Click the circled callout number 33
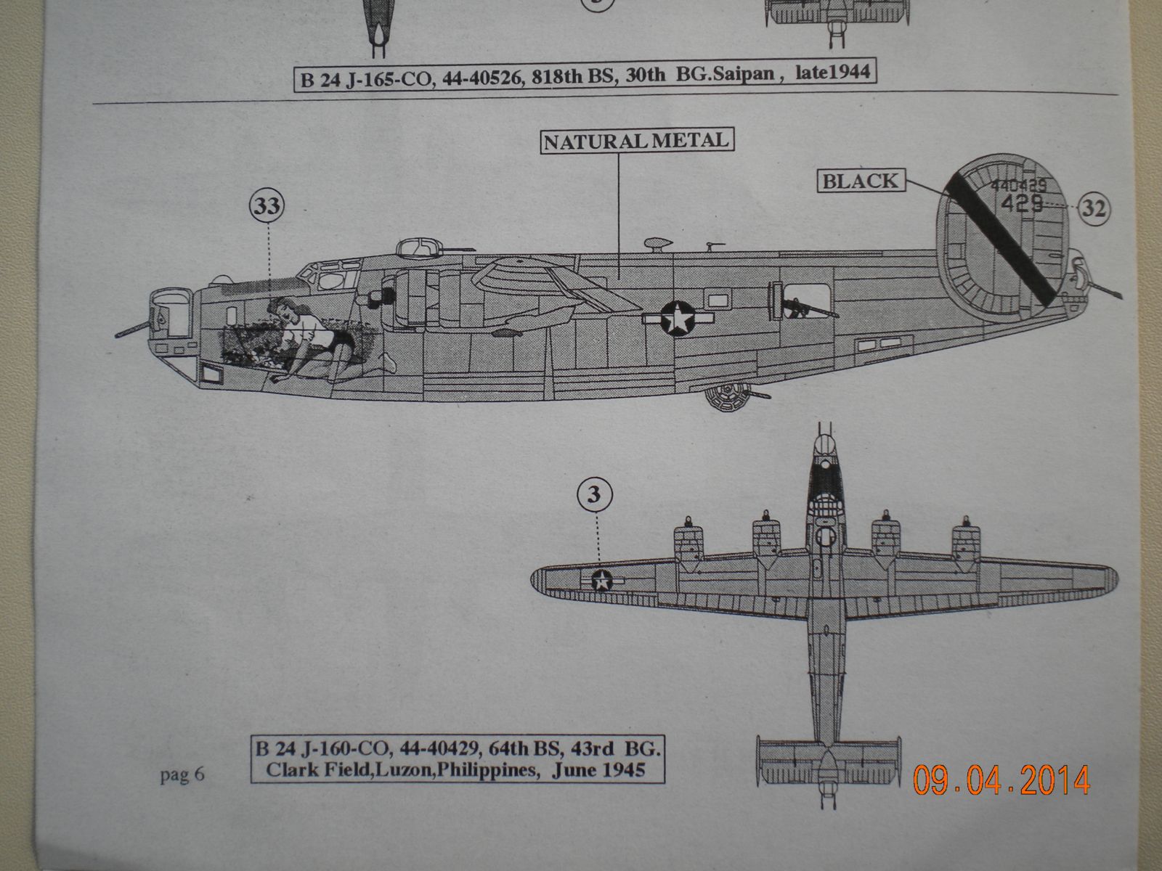pyautogui.click(x=267, y=207)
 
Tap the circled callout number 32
pyautogui.click(x=1094, y=208)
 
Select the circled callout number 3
pyautogui.click(x=594, y=495)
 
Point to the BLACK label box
pyautogui.click(x=861, y=180)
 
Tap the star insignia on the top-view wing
pyautogui.click(x=602, y=580)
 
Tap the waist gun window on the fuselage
pyautogui.click(x=797, y=300)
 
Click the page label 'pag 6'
pyautogui.click(x=182, y=775)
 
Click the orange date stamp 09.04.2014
pyautogui.click(x=1001, y=780)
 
